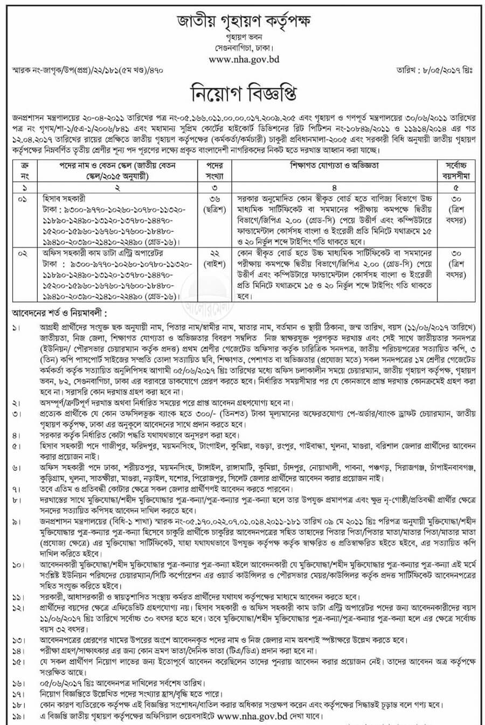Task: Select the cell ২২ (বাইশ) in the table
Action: pos(214,257)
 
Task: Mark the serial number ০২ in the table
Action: pos(22,252)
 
